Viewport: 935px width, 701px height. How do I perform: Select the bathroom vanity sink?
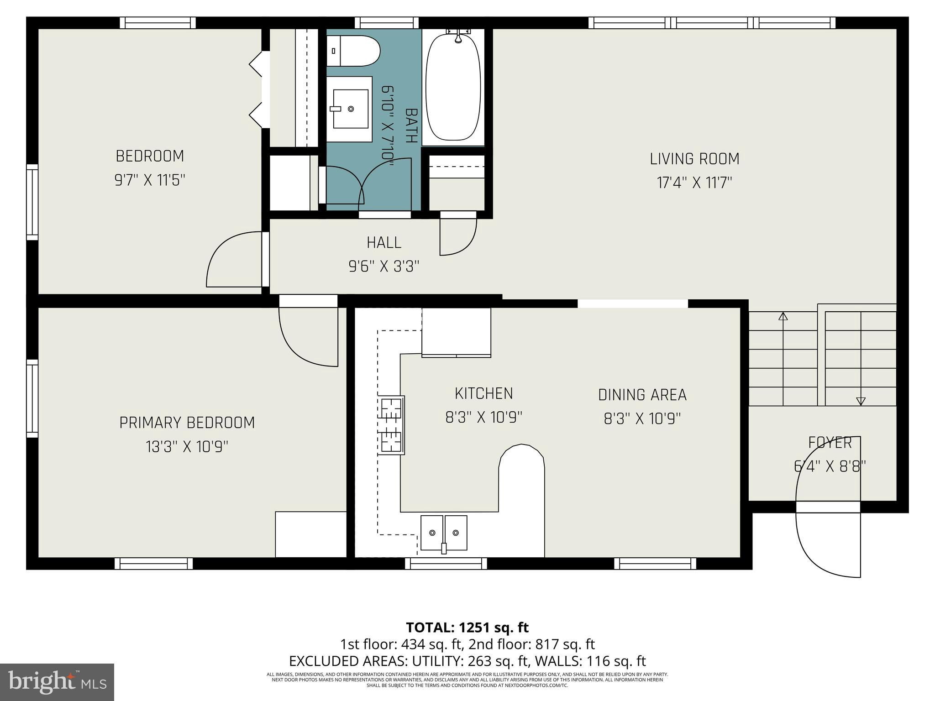(350, 109)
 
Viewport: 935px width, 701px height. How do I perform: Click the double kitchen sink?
(444, 533)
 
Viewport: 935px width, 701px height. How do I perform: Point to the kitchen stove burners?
(391, 425)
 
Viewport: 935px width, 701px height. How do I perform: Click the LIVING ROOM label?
(694, 159)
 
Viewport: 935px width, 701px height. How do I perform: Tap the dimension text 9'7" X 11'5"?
(150, 180)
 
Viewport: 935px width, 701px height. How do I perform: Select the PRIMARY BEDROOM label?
(187, 423)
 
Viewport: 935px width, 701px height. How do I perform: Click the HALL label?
(384, 243)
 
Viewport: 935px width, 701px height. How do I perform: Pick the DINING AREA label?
(642, 395)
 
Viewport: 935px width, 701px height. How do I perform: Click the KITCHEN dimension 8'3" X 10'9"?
(483, 417)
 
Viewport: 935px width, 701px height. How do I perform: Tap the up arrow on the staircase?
(783, 316)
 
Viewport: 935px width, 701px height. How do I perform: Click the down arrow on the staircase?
(861, 401)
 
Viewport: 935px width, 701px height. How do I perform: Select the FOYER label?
(830, 443)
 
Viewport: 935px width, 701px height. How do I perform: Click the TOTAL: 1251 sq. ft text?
(467, 628)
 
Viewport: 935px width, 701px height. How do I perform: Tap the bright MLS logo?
(57, 682)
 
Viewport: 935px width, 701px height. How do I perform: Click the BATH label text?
(411, 126)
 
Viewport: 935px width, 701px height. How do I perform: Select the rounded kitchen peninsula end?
(521, 456)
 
